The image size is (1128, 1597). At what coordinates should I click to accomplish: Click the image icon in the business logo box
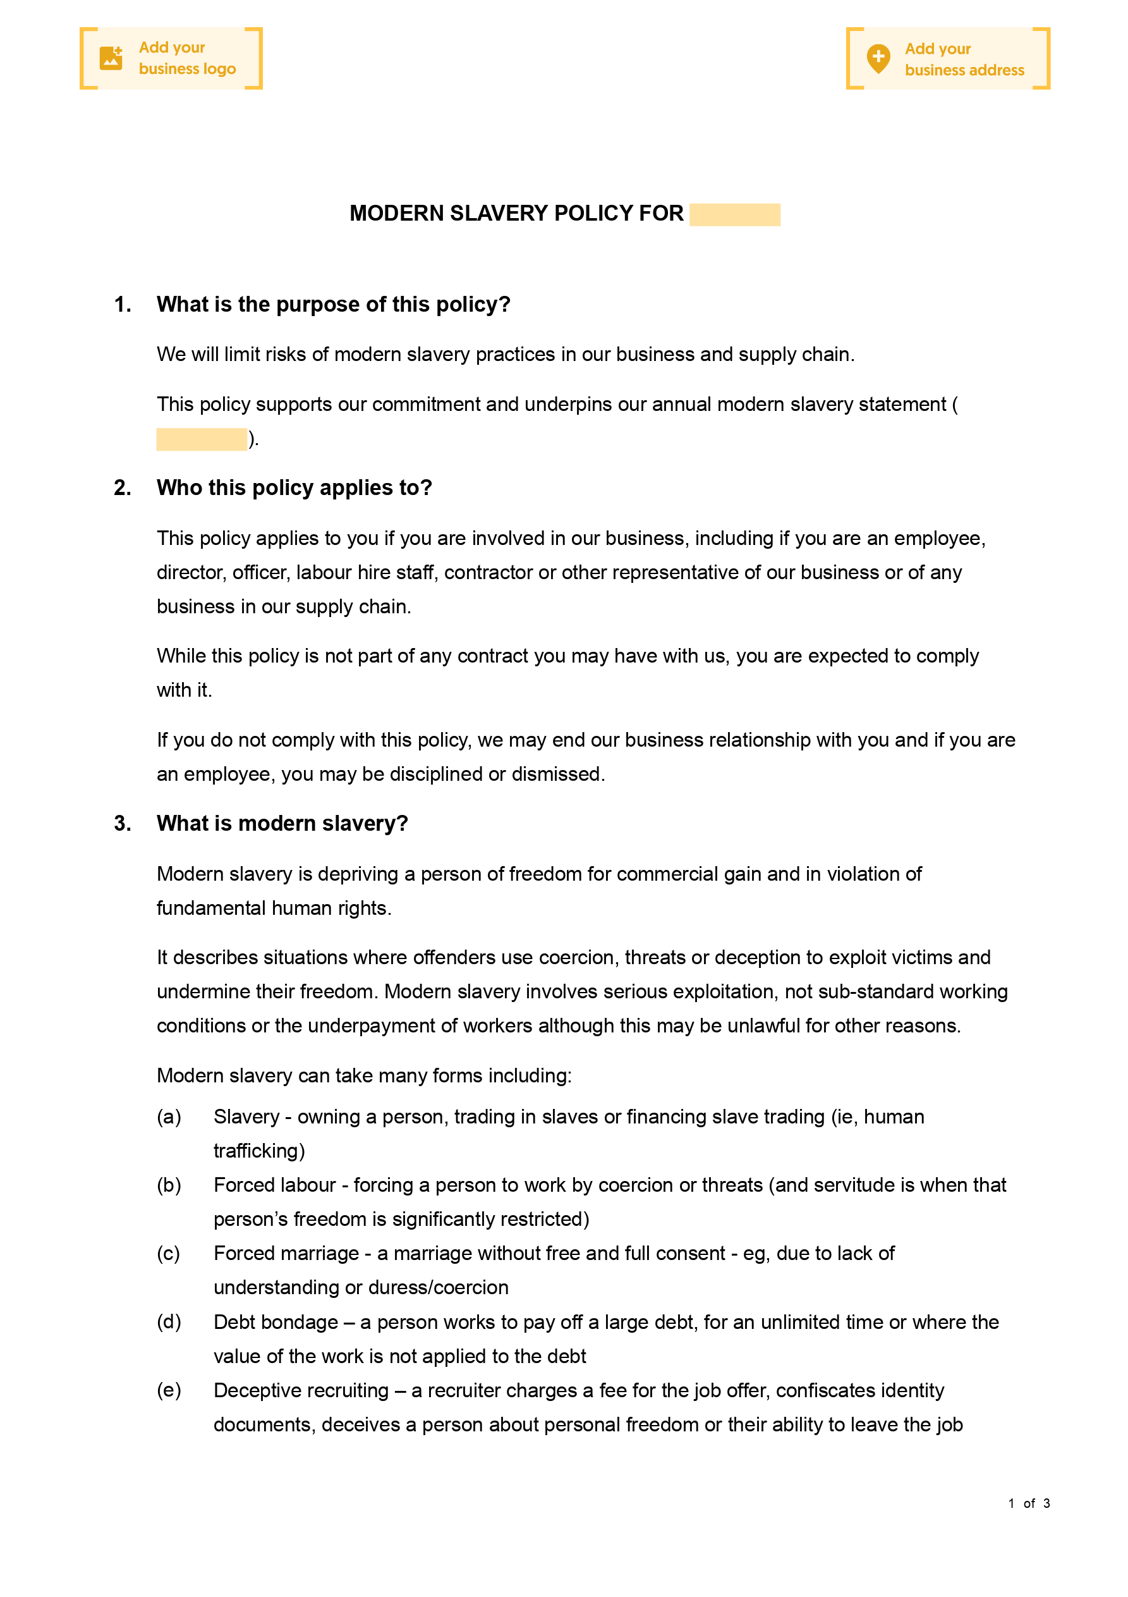point(111,58)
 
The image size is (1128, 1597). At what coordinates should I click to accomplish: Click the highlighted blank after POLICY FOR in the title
point(734,214)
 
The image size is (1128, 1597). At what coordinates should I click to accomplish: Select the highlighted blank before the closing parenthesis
point(201,439)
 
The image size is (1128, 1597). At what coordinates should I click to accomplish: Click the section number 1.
point(123,305)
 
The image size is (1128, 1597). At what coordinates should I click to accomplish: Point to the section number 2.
point(123,487)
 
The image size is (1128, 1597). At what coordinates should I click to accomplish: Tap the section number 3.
point(123,824)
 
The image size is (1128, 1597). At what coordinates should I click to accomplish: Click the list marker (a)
point(169,1117)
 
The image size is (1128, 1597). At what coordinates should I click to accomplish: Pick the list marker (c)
point(168,1254)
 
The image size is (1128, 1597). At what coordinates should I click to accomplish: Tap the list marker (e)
point(169,1390)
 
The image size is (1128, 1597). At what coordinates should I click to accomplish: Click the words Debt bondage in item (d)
point(276,1322)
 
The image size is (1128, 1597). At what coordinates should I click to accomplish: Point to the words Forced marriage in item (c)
point(286,1254)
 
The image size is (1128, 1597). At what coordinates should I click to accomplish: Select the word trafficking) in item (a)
point(258,1151)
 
